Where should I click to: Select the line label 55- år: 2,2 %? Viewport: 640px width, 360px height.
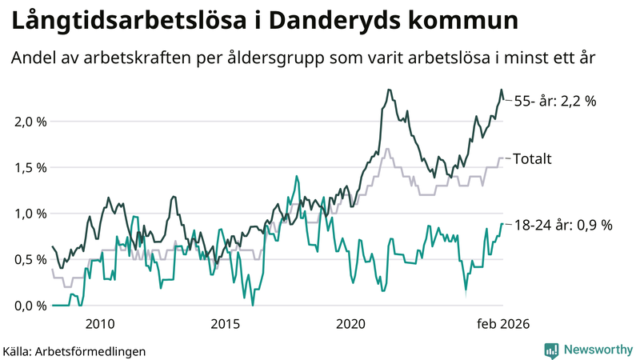[x=555, y=101]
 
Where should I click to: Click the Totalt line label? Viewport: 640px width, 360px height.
[x=532, y=158]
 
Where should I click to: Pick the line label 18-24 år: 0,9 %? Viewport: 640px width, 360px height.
[x=562, y=225]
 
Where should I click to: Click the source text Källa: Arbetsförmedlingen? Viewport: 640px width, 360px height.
[x=74, y=350]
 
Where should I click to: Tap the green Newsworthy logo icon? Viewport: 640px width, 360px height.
[x=551, y=350]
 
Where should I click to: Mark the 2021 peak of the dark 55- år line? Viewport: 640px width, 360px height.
[x=389, y=90]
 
